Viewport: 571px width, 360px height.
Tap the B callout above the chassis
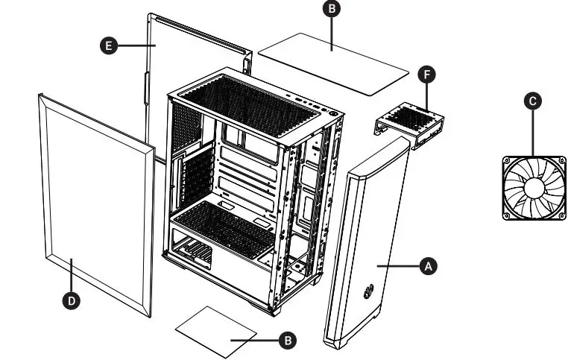[x=332, y=8]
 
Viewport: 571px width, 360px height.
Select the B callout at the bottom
[x=288, y=339]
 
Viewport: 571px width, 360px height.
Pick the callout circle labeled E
[x=109, y=45]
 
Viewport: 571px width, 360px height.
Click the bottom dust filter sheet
[x=215, y=329]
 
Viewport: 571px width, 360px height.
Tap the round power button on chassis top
[x=333, y=116]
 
